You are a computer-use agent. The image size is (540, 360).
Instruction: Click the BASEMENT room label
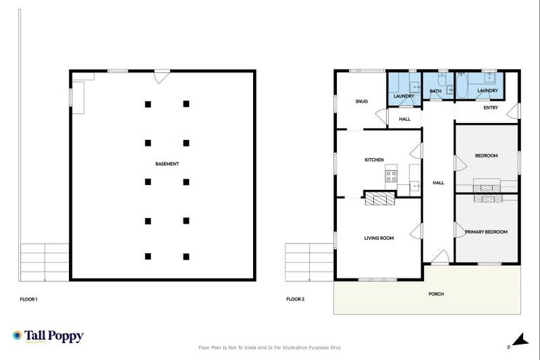167,164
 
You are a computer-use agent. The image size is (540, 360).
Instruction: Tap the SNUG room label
361,101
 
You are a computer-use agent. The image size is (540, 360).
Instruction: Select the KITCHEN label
373,160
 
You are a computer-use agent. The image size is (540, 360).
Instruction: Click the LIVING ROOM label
378,238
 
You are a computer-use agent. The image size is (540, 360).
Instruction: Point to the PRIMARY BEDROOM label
490,232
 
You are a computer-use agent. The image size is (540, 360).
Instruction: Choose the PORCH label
436,294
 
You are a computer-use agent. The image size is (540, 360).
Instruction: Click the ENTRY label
491,108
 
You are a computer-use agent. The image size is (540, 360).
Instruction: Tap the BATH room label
435,91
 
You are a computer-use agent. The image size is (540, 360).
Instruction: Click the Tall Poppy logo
48,336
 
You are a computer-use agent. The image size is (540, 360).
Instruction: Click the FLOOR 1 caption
29,300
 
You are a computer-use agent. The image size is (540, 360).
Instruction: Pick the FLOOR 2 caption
295,300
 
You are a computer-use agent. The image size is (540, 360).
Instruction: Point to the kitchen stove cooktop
391,175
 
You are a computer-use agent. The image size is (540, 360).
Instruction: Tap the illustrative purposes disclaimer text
270,347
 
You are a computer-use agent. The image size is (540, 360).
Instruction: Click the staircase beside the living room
309,261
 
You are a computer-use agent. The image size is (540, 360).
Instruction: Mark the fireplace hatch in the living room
380,199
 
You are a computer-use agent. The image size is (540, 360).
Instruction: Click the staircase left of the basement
44,261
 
